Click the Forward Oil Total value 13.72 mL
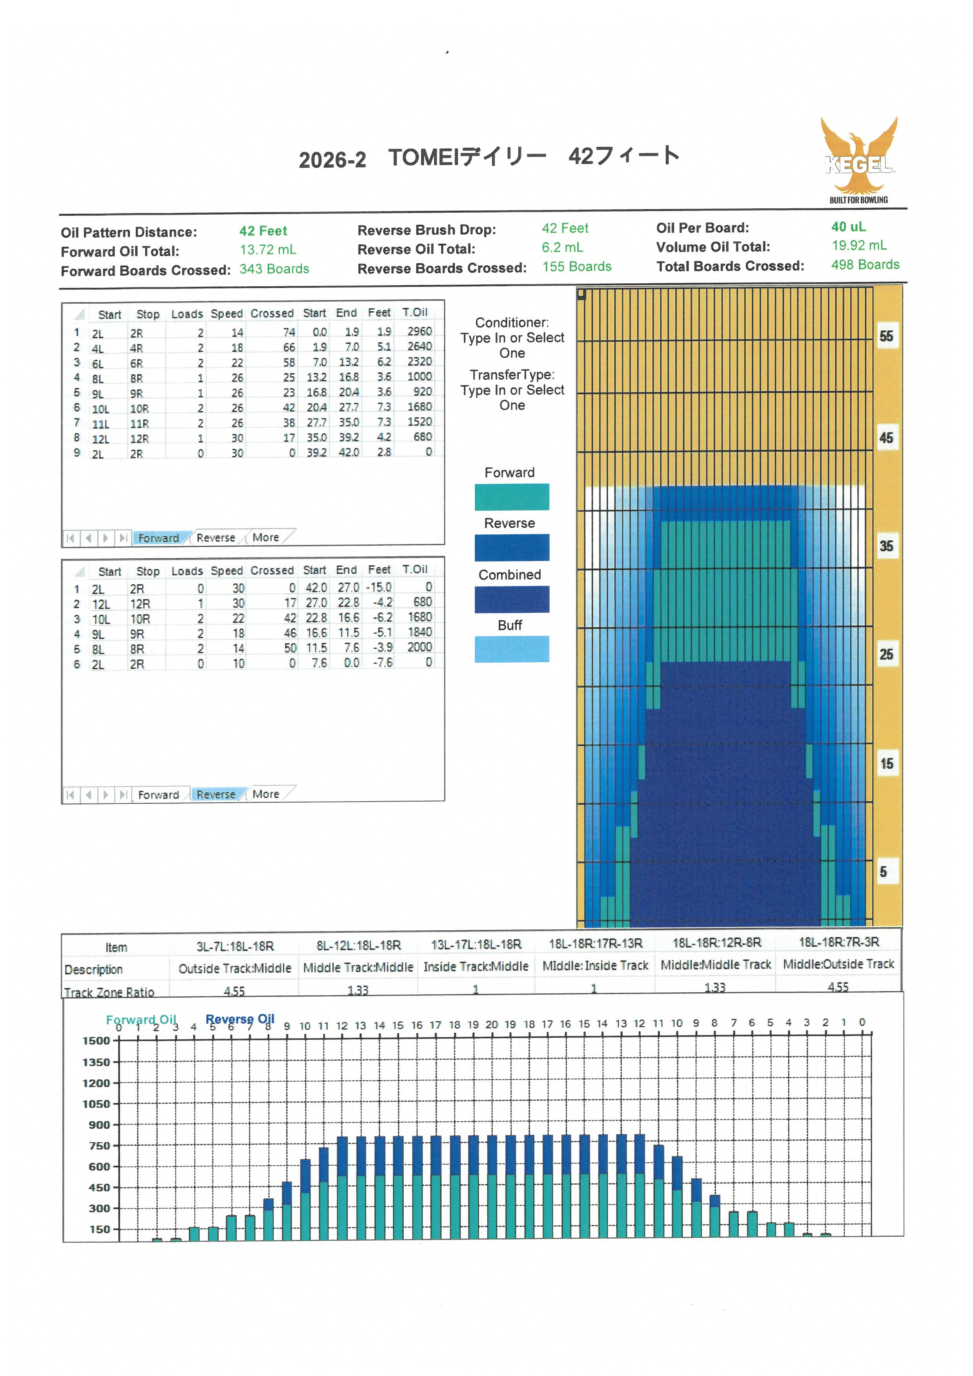(x=268, y=250)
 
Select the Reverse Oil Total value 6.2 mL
(x=562, y=248)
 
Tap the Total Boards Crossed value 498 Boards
(x=865, y=265)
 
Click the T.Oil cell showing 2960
(x=419, y=332)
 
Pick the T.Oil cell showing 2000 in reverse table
(x=419, y=647)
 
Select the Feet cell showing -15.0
(x=379, y=587)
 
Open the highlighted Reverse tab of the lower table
(x=216, y=794)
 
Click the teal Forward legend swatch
(x=512, y=497)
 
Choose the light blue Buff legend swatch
(x=512, y=649)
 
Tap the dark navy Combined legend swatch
(x=512, y=599)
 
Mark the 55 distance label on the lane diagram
(x=886, y=336)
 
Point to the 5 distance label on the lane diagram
(x=883, y=872)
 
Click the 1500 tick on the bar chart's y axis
(x=97, y=1041)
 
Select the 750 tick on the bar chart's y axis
(x=99, y=1146)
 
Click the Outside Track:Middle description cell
(x=234, y=968)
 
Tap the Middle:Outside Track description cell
(x=838, y=964)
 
